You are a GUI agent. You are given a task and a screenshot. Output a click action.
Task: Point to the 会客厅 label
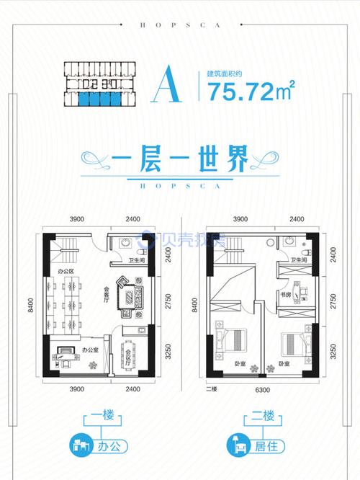107,295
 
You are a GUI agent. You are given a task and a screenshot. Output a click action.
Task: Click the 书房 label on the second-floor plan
285,295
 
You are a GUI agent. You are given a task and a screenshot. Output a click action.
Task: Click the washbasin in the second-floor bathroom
287,241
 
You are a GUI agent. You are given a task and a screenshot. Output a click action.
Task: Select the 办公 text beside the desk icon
108,446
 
